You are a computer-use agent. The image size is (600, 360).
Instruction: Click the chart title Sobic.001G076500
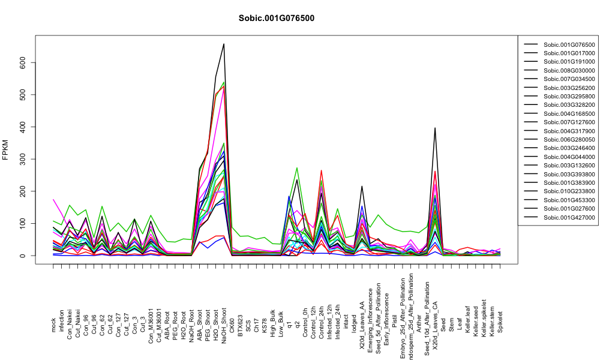(276, 18)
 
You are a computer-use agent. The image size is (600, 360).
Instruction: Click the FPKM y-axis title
(5, 150)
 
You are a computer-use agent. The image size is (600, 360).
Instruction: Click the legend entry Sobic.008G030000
(569, 70)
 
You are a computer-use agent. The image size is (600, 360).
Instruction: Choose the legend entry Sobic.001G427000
(569, 217)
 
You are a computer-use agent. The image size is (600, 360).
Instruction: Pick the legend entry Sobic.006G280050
(569, 140)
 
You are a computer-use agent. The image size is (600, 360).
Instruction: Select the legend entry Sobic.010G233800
(569, 191)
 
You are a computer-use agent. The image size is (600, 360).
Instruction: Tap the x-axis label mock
(53, 325)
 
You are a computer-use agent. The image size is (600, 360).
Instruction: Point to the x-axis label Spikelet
(500, 322)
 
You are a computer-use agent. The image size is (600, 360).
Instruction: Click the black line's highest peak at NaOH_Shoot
(224, 44)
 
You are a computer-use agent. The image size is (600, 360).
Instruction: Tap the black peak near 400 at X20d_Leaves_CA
(435, 128)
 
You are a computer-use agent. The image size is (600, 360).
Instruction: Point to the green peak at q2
(297, 167)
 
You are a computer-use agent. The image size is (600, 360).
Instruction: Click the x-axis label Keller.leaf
(467, 319)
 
